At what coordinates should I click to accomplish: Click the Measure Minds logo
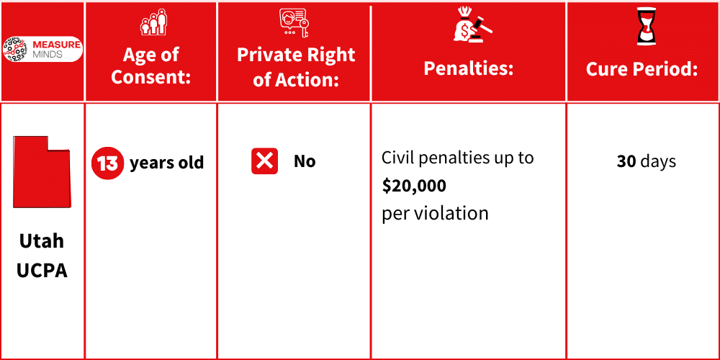[x=42, y=49]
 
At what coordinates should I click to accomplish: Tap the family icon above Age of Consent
[x=152, y=22]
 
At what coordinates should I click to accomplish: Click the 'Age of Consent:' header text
[x=151, y=66]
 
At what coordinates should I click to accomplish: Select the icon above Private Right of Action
[x=294, y=22]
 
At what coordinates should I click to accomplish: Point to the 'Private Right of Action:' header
[x=296, y=67]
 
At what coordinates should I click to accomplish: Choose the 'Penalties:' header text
[x=468, y=68]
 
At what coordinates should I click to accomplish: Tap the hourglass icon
[x=643, y=26]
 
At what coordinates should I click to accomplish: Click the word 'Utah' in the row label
[x=42, y=240]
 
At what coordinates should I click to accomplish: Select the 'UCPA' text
[x=42, y=271]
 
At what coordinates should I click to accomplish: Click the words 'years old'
[x=166, y=163]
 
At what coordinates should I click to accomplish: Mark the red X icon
[x=264, y=161]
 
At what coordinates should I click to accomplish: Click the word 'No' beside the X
[x=305, y=161]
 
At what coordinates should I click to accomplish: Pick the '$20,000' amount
[x=414, y=186]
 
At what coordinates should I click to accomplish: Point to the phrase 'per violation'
[x=435, y=213]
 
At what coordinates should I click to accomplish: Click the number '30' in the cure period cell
[x=626, y=161]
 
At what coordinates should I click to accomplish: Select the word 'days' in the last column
[x=658, y=161]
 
